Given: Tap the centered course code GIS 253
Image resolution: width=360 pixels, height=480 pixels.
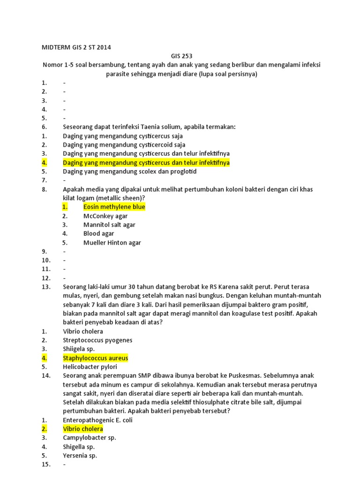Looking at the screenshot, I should tap(180, 56).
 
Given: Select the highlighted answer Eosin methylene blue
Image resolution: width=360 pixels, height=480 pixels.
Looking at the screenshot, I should tap(114, 207).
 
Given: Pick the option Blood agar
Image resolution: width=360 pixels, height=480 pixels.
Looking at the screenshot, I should tap(98, 233).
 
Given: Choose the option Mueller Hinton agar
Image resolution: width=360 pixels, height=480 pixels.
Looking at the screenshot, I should tap(112, 243).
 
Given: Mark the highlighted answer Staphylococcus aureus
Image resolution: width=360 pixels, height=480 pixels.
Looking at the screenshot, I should tap(95, 358).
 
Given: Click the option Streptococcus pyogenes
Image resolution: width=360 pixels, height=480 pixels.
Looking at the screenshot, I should tap(97, 340).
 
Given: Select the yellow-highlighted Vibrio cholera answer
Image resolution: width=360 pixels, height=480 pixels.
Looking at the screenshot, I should tap(83, 429).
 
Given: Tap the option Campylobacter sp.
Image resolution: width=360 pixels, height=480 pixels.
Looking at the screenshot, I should tap(89, 438).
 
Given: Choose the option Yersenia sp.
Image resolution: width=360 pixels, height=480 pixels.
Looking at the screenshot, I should tap(80, 456).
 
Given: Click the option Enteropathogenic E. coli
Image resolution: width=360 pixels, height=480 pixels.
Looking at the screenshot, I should tap(97, 420).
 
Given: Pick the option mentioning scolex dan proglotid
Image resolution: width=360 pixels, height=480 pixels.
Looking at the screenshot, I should tap(129, 172).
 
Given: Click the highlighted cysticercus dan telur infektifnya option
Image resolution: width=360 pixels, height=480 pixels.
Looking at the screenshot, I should tap(146, 163).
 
